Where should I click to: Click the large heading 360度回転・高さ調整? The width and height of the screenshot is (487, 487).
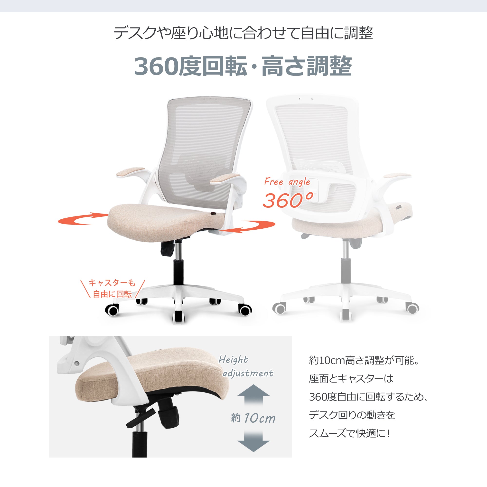[243, 66]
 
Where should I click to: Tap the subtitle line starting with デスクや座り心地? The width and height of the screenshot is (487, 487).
[243, 33]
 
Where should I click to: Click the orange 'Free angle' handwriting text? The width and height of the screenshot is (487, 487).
[287, 182]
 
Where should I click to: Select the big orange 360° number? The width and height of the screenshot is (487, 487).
[288, 201]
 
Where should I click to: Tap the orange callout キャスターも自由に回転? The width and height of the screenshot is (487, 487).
[112, 289]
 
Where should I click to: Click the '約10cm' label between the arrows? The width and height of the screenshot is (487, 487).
[253, 418]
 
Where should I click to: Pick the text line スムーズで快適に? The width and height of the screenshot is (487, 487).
[350, 433]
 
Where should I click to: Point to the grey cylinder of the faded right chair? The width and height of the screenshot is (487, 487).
[345, 271]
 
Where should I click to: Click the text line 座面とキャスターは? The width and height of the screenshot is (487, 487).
[351, 379]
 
